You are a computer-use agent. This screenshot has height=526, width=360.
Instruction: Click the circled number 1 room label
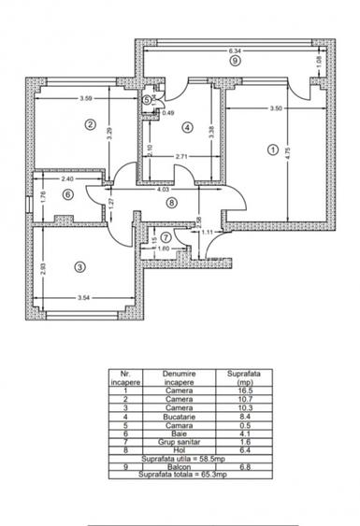(272, 149)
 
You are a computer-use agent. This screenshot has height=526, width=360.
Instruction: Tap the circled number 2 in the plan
(91, 124)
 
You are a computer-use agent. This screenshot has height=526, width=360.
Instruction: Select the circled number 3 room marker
(79, 266)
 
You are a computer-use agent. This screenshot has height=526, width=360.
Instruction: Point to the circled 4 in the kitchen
(187, 127)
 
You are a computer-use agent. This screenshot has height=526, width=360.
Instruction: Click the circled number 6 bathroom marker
(67, 194)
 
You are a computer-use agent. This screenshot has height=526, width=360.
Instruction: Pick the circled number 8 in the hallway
(171, 201)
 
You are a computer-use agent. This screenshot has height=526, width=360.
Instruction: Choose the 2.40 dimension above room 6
(66, 178)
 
